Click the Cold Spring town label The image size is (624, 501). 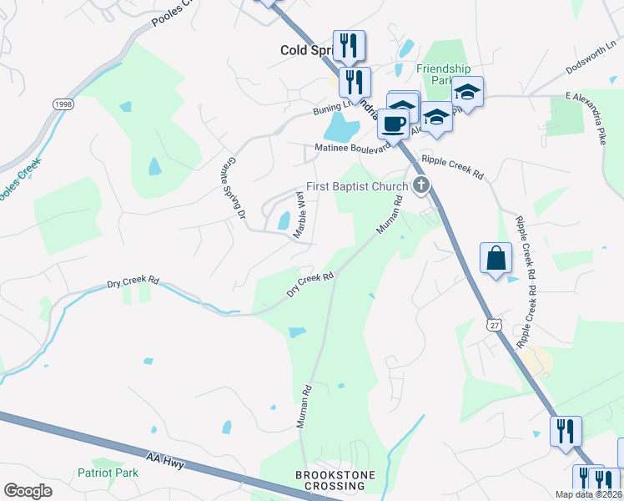tap(306, 50)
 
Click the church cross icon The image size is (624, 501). tap(422, 185)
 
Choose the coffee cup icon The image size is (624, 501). tap(393, 124)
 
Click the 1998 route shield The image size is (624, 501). tap(62, 104)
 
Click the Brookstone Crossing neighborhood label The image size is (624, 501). tap(335, 481)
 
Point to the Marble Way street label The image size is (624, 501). tap(298, 215)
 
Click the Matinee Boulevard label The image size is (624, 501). tap(353, 147)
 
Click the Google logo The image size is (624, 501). tap(28, 491)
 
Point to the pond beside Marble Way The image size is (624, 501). tap(284, 220)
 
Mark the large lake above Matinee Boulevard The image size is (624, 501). tap(340, 128)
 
